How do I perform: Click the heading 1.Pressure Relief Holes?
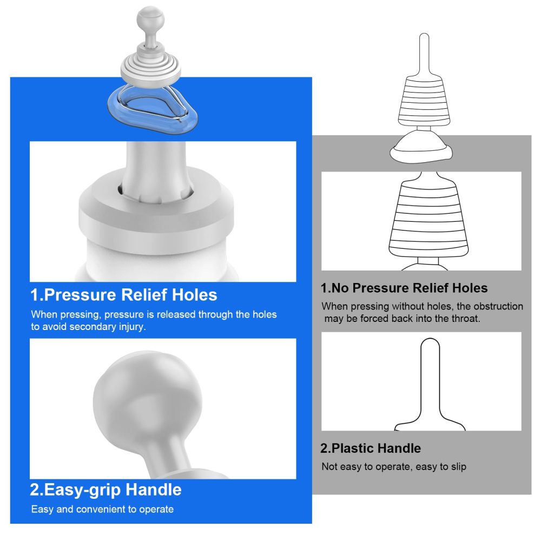click(124, 295)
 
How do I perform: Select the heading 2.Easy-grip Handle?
click(106, 490)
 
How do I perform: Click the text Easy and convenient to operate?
click(102, 509)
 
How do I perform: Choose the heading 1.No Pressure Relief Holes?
click(404, 288)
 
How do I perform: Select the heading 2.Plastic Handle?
click(371, 448)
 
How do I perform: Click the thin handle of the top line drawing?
click(424, 51)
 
